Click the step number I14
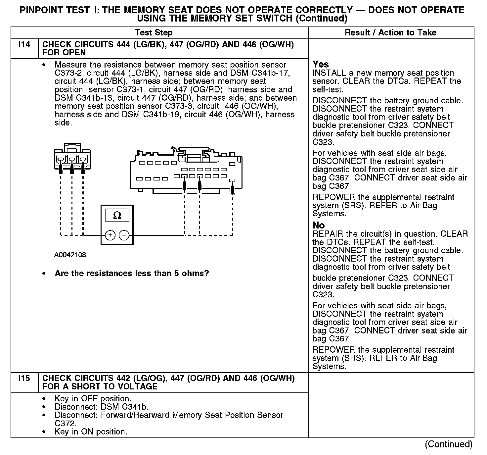coord(24,44)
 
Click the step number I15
coord(24,378)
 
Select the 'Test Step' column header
coord(154,32)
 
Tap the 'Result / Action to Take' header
coord(390,32)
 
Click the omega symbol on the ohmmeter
coord(117,216)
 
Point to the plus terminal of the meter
coord(110,235)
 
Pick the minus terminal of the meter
coord(124,235)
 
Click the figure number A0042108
coord(70,255)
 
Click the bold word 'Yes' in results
coord(321,64)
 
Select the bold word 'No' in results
coord(319,226)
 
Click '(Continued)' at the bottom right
coord(449,444)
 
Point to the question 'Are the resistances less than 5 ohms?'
coord(132,274)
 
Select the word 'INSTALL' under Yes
coord(327,73)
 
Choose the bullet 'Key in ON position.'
coord(91,432)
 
